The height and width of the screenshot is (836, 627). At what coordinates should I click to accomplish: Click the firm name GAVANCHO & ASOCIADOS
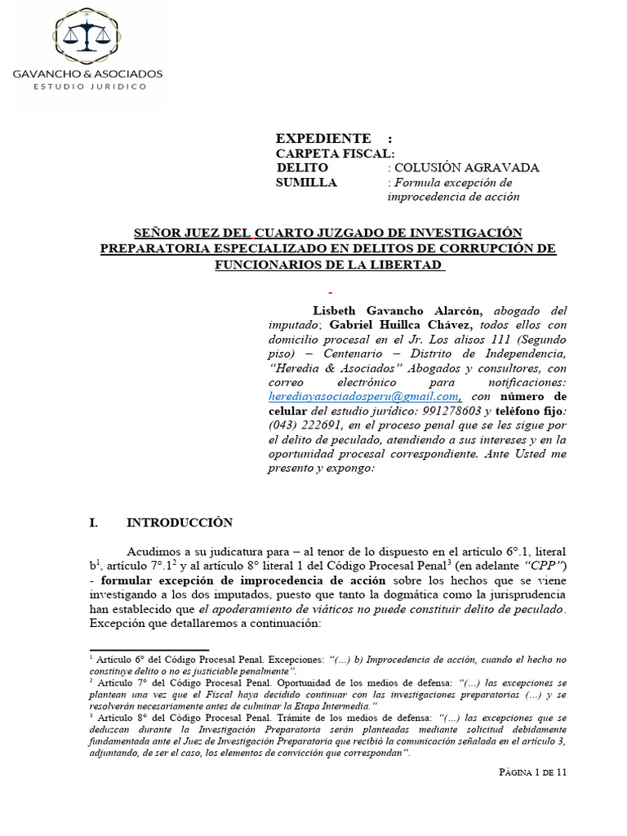pos(87,73)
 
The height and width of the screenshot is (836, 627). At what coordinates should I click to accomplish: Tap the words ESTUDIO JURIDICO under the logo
pos(87,86)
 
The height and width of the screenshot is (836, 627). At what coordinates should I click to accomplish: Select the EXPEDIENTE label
pos(323,138)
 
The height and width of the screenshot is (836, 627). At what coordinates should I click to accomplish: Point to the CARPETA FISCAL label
pos(336,153)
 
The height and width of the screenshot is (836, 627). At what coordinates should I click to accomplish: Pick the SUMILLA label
pos(306,183)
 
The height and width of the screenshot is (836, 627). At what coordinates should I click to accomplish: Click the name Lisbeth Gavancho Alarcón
pos(398,310)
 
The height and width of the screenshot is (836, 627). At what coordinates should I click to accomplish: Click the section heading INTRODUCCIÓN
pos(180,522)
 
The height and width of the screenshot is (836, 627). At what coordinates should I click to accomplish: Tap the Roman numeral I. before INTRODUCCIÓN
pos(94,522)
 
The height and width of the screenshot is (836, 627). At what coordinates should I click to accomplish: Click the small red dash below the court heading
pos(330,291)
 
